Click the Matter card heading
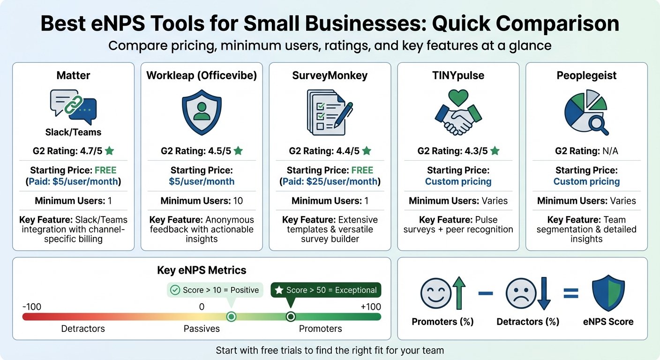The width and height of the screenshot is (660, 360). (73, 75)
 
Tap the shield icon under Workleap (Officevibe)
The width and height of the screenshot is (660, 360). (202, 112)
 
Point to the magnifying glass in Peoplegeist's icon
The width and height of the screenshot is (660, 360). (599, 126)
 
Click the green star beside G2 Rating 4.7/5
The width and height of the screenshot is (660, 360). (109, 151)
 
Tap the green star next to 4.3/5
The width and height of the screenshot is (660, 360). (495, 151)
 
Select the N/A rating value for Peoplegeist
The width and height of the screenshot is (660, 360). (610, 151)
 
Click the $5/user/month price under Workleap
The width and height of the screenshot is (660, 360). (202, 181)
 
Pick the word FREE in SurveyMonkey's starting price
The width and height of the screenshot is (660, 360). (362, 170)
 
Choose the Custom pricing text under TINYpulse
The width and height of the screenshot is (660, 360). (458, 181)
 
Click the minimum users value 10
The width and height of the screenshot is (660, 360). (238, 201)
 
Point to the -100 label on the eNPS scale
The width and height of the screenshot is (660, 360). (32, 307)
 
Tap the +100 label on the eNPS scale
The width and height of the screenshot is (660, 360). (371, 307)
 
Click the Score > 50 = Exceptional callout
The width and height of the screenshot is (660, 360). (326, 290)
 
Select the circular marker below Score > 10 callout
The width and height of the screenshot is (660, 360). (231, 317)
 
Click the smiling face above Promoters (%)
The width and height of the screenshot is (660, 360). (436, 293)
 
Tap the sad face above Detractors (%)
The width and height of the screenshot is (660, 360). (521, 293)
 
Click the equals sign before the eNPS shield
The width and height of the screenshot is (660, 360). (571, 293)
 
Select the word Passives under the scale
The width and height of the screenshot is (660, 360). (202, 329)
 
